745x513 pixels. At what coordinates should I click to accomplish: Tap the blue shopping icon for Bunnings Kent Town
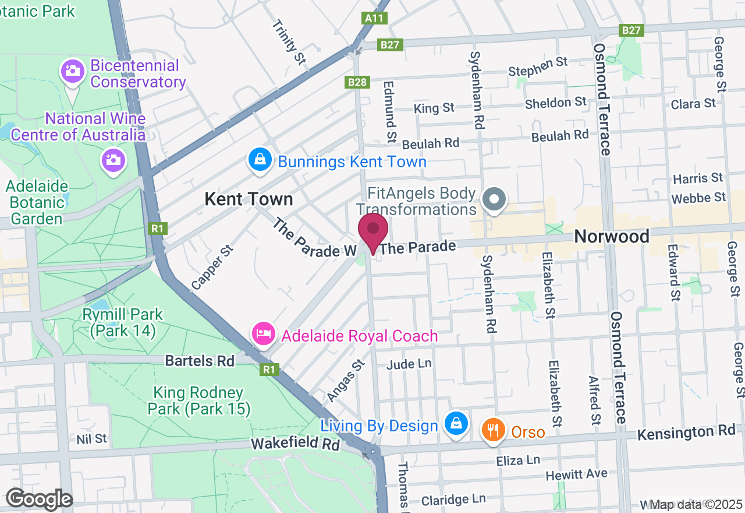tap(260, 159)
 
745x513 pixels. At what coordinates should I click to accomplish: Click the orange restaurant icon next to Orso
tap(493, 431)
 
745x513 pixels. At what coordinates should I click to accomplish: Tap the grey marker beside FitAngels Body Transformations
tap(494, 199)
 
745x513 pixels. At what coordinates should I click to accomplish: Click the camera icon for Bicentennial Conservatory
tap(73, 72)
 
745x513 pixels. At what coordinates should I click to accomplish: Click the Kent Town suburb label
tap(249, 199)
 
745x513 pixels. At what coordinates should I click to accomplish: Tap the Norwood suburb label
tap(611, 236)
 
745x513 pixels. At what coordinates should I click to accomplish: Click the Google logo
tap(39, 499)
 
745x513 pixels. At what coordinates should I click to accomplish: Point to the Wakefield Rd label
tap(295, 444)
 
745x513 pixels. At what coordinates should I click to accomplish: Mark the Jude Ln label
tap(409, 364)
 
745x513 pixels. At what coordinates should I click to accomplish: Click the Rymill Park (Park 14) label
tap(123, 322)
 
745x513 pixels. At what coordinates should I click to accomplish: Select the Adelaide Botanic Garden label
tap(37, 202)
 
